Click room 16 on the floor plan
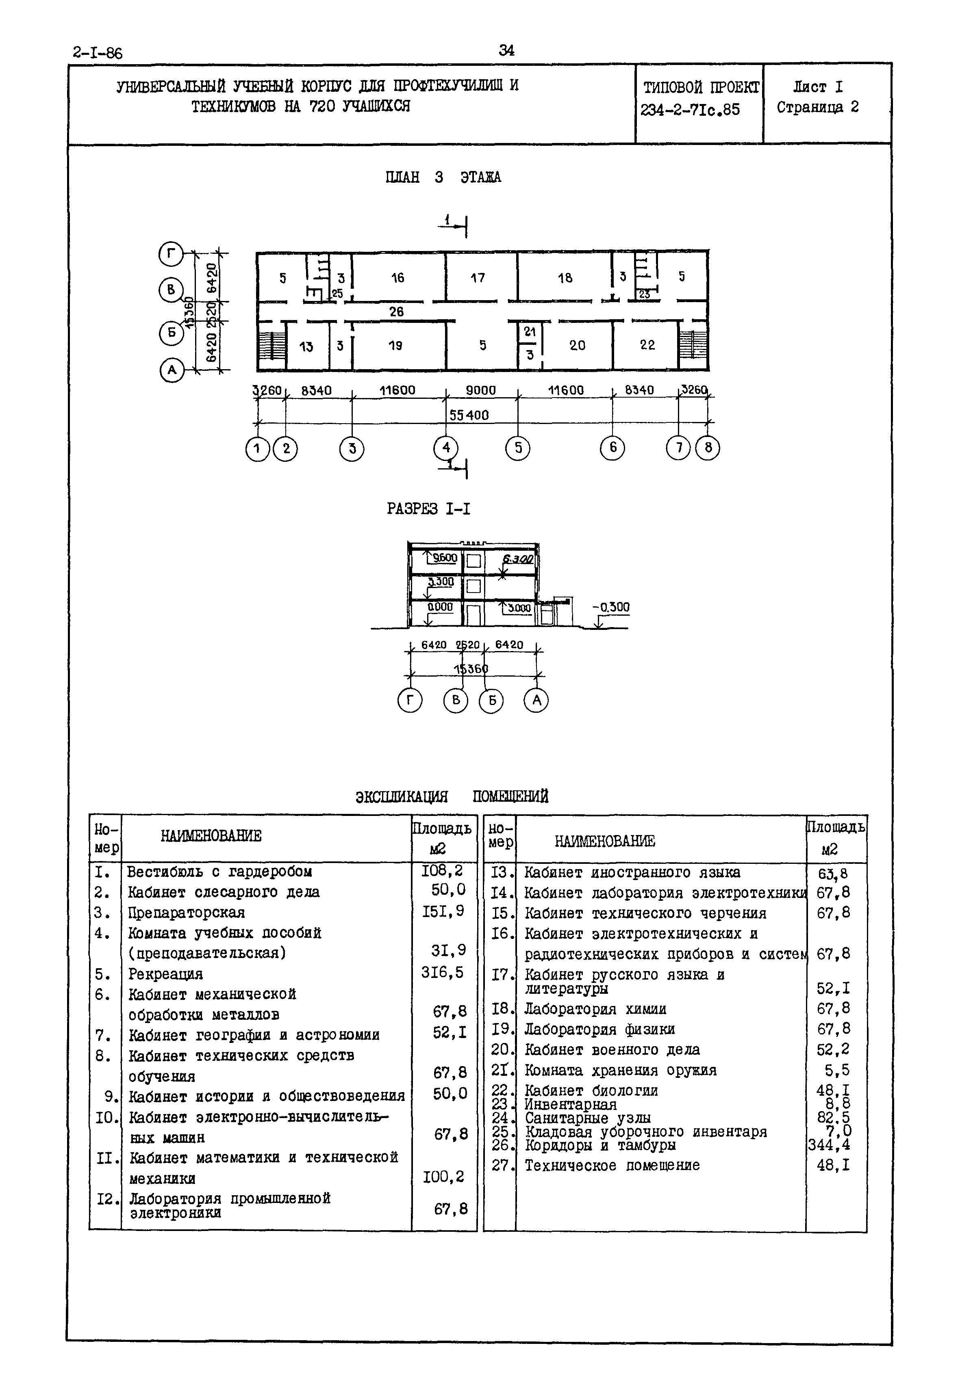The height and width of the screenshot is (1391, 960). point(397,278)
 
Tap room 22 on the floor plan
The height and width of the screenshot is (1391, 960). point(647,345)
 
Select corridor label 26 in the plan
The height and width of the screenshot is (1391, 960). point(396,312)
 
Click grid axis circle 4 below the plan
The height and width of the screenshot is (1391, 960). point(446,448)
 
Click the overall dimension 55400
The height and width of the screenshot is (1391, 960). point(469,415)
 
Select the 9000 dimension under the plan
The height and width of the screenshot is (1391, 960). point(480,390)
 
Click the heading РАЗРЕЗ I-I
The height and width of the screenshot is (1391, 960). point(428,509)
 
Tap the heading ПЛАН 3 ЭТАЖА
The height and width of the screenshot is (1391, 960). point(443,177)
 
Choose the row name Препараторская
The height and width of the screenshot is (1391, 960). point(187,913)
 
